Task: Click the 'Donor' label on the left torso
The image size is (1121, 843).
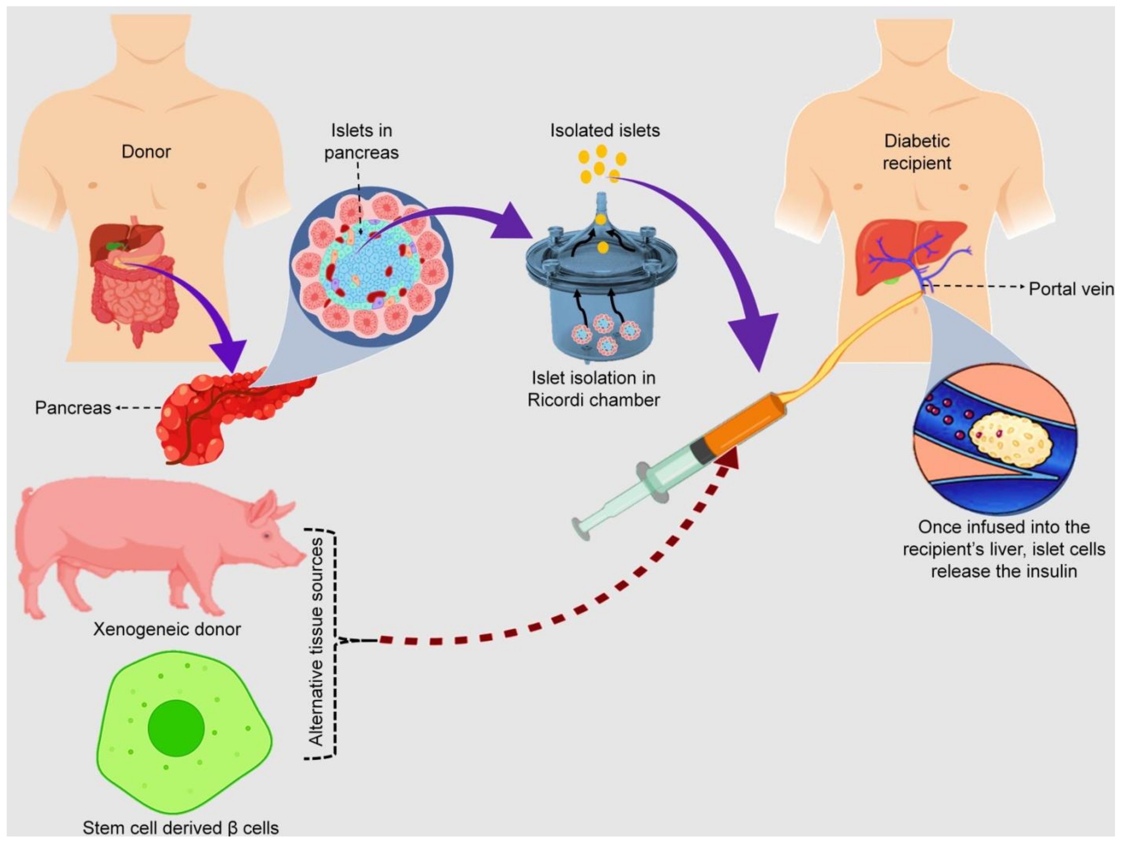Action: tap(146, 152)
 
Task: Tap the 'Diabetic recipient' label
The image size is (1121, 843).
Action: tap(916, 152)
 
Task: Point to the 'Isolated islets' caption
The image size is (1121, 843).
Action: tap(605, 131)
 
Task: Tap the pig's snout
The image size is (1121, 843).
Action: tap(301, 557)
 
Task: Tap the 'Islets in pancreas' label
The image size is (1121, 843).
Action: tap(361, 141)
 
